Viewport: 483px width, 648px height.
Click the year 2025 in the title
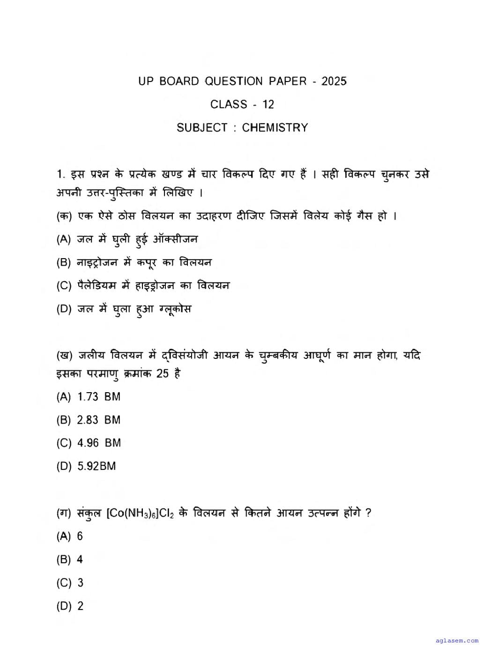click(334, 81)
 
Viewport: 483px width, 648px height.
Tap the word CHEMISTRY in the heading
click(275, 127)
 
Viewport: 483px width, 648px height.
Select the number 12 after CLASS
click(268, 104)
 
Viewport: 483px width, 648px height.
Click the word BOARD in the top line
click(179, 81)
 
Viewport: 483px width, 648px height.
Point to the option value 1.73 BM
click(98, 396)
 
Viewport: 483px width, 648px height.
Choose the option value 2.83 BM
click(98, 420)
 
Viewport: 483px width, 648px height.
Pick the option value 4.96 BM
click(99, 443)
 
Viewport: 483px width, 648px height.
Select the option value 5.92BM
click(97, 466)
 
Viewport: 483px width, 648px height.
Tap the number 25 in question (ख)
click(163, 374)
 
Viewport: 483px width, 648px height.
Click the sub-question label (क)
click(64, 216)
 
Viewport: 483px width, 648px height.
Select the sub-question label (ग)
click(64, 513)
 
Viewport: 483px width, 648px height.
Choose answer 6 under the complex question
click(80, 536)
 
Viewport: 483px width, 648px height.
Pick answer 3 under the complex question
click(80, 582)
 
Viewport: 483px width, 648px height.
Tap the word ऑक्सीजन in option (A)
click(175, 239)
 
